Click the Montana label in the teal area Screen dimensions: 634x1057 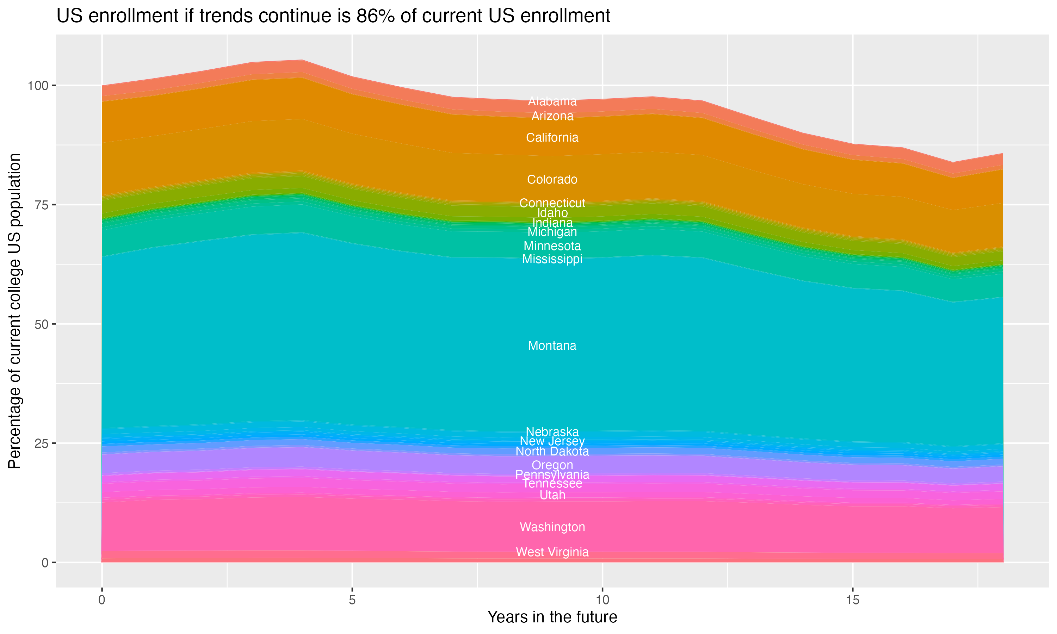(552, 346)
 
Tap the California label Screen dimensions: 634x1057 (552, 138)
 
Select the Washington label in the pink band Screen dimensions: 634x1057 (552, 527)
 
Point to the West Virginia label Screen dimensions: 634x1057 (552, 552)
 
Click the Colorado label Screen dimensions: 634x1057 (552, 179)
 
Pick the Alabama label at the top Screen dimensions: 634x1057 (552, 101)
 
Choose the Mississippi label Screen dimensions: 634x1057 (552, 259)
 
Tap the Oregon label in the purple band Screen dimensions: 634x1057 (552, 465)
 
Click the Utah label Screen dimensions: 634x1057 (552, 495)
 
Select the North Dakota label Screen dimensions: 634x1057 (552, 451)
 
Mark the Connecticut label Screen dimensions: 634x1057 (552, 203)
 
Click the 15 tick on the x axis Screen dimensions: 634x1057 (852, 600)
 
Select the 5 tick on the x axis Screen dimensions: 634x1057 (352, 600)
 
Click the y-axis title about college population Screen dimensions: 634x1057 (14, 311)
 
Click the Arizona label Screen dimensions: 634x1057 (552, 116)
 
